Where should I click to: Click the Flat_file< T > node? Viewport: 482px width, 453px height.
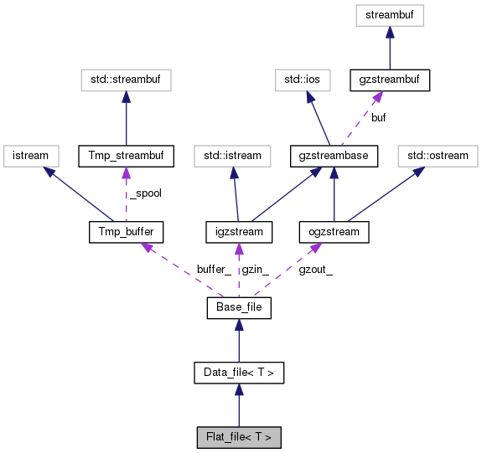click(x=239, y=437)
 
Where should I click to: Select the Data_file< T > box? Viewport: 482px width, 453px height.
click(x=239, y=373)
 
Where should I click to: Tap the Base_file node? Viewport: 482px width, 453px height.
click(x=239, y=309)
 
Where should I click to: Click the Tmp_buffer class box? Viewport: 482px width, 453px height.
click(x=125, y=231)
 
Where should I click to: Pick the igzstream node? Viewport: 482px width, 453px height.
click(x=239, y=231)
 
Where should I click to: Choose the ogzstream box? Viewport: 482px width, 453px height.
click(x=334, y=231)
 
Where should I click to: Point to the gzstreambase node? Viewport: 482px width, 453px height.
click(x=334, y=155)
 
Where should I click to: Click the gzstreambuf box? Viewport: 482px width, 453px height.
click(x=390, y=80)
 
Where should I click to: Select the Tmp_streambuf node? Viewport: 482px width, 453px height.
click(x=125, y=155)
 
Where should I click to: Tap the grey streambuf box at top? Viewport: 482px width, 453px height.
click(x=390, y=15)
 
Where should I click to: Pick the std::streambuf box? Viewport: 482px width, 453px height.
click(x=125, y=80)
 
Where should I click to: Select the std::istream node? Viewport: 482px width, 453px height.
click(x=233, y=155)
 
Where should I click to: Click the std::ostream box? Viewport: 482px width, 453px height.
click(x=438, y=155)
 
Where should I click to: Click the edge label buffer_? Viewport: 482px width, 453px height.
click(x=214, y=270)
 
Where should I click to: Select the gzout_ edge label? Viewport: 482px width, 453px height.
click(x=315, y=270)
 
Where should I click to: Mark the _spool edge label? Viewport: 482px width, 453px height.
click(x=146, y=193)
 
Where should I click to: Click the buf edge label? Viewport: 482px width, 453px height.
click(x=378, y=118)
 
